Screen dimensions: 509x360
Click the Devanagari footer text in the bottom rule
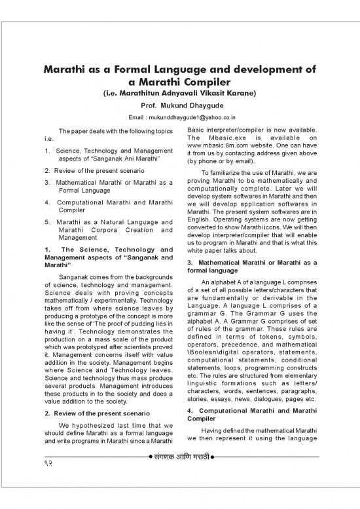point(180,472)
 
